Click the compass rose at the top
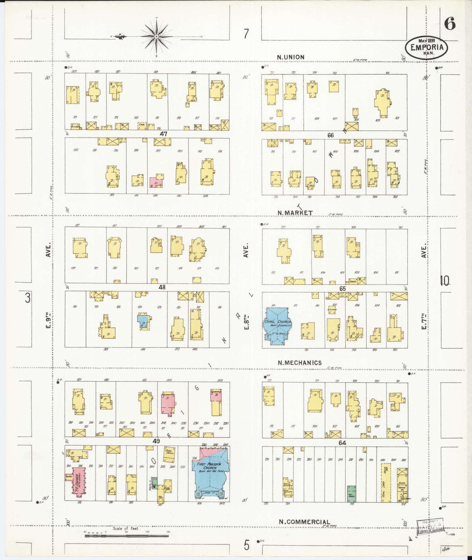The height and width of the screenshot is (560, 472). (157, 36)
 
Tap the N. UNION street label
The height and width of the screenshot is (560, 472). (291, 57)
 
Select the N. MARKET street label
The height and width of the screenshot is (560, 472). (295, 213)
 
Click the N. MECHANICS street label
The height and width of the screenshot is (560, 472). (300, 363)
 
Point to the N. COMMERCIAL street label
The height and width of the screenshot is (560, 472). (304, 522)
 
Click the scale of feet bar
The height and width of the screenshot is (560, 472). (126, 536)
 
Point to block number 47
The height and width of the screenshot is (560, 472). (163, 134)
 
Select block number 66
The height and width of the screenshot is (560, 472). (331, 135)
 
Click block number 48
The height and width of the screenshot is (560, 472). (162, 287)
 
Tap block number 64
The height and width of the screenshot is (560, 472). (342, 443)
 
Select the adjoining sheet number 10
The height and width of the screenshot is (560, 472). (444, 281)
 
